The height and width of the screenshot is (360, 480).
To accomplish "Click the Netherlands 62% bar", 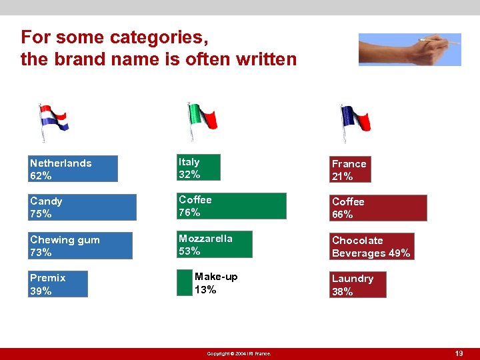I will coord(73,169).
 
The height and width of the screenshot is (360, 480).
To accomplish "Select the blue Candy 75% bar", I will coord(83,207).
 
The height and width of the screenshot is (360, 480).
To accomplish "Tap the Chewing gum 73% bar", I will coord(81,245).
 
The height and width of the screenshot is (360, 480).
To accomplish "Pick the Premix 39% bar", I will coord(59,283).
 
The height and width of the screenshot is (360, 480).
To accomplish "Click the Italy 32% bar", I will coord(198,168).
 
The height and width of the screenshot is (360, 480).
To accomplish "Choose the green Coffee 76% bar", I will coord(231,206).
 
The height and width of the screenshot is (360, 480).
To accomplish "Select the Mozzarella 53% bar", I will coord(214,245).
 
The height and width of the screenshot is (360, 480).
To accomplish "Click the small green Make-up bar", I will coord(184,283).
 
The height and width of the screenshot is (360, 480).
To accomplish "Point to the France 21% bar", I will coord(350,170).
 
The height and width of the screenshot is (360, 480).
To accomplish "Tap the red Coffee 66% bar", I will coord(378,208).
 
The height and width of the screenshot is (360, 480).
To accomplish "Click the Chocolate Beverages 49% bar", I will coord(371,247).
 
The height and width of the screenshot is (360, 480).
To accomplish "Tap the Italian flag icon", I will coord(201,120).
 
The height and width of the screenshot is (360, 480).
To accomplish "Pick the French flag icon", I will coord(353,121).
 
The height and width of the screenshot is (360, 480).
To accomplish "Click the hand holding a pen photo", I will coord(409,49).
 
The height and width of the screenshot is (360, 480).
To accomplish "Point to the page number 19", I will coord(458,353).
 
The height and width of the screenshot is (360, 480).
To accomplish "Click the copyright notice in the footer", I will coord(239,353).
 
